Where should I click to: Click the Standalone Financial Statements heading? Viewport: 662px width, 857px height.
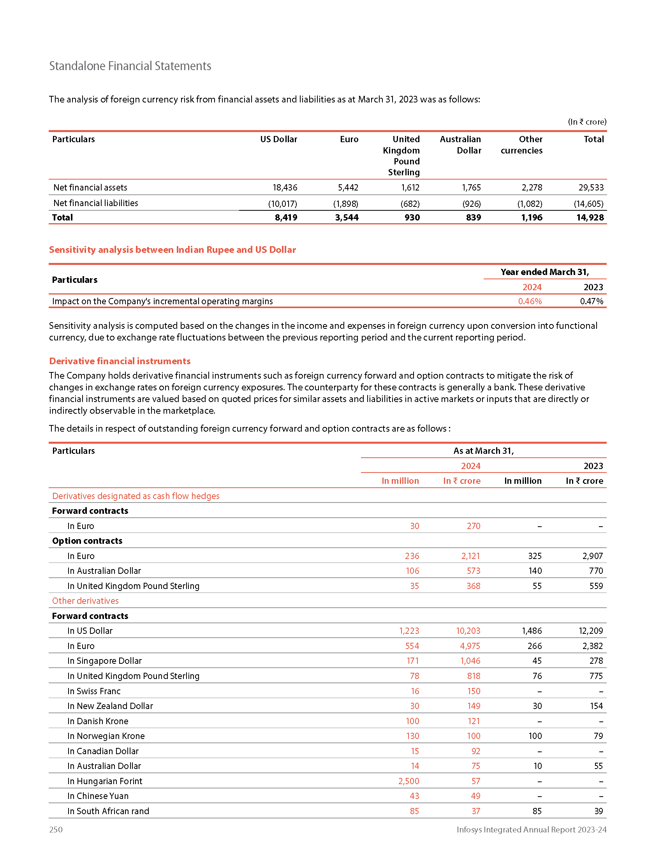pos(130,66)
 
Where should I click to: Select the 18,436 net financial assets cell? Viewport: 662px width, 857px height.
pos(285,188)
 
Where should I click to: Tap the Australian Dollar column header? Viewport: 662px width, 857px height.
pos(460,145)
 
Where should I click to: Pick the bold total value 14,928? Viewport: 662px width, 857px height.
pos(590,218)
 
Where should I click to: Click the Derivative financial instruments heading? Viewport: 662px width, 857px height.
pos(120,361)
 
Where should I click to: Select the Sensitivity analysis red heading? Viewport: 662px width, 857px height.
pos(172,250)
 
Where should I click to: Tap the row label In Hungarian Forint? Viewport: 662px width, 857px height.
pos(105,781)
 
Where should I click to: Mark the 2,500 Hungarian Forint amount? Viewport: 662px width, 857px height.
pos(408,781)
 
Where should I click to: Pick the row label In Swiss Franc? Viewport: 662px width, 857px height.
pos(94,691)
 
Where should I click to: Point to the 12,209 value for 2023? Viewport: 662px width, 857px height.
pos(591,631)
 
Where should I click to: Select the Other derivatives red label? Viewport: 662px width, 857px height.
pos(85,601)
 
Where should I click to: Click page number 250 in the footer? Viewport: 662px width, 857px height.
pos(56,829)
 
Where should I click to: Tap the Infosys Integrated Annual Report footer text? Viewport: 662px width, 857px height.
pos(532,829)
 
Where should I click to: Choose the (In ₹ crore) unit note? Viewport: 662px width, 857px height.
pos(587,122)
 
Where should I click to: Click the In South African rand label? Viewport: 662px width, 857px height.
pos(108,811)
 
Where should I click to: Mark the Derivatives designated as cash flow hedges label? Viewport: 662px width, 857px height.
pos(136,496)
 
